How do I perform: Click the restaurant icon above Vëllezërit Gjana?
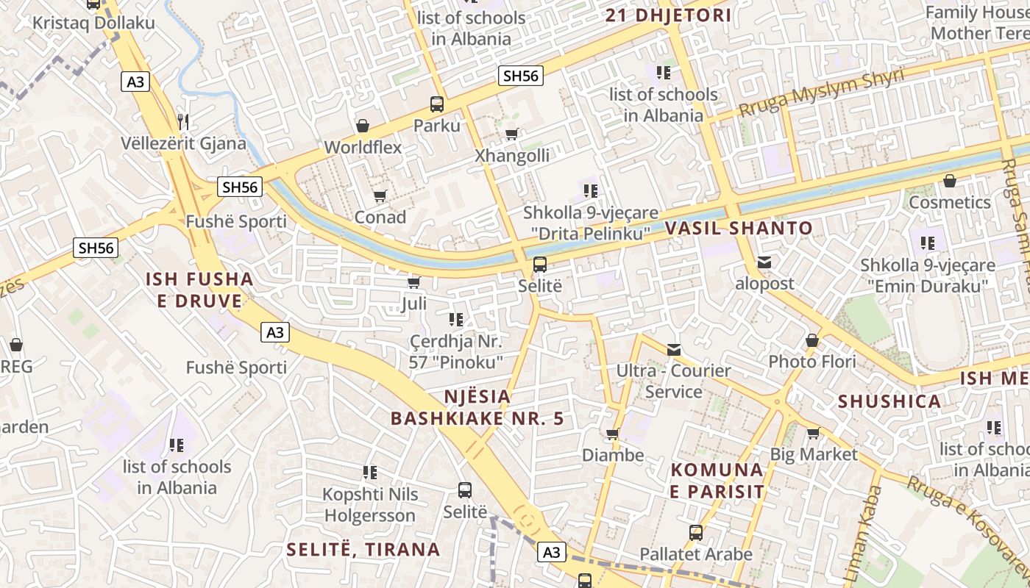pyautogui.click(x=183, y=121)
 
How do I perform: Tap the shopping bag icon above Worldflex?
pyautogui.click(x=362, y=126)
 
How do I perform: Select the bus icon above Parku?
pyautogui.click(x=437, y=104)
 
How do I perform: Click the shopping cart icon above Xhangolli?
pyautogui.click(x=511, y=135)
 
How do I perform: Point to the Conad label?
pyautogui.click(x=380, y=217)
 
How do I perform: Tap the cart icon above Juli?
pyautogui.click(x=413, y=283)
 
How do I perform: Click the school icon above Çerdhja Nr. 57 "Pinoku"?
pyautogui.click(x=456, y=320)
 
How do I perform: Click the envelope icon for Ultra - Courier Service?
pyautogui.click(x=674, y=350)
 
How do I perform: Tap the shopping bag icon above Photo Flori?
pyautogui.click(x=812, y=340)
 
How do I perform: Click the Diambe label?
pyautogui.click(x=613, y=455)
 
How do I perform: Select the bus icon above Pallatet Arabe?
pyautogui.click(x=696, y=533)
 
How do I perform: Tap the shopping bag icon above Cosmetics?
pyautogui.click(x=950, y=181)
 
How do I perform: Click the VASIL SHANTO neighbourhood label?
pyautogui.click(x=739, y=229)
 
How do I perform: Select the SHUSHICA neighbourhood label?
pyautogui.click(x=889, y=401)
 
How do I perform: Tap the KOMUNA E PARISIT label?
pyautogui.click(x=717, y=480)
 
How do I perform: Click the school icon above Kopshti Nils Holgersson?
pyautogui.click(x=370, y=473)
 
